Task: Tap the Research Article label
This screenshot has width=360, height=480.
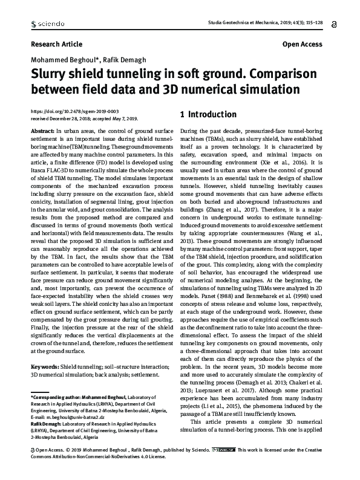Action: pyautogui.click(x=52, y=45)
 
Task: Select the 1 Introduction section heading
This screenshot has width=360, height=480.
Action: pyautogui.click(x=192, y=114)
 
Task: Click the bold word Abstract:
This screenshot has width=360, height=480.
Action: pyautogui.click(x=42, y=131)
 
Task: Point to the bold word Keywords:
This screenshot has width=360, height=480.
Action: pyautogui.click(x=44, y=367)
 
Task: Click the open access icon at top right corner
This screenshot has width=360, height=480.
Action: pyautogui.click(x=335, y=24)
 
